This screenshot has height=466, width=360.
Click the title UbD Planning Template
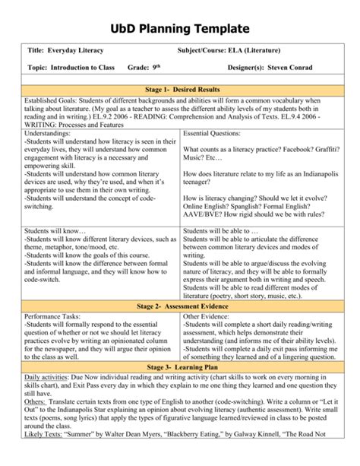click(x=179, y=27)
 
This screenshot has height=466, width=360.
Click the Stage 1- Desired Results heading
click(x=179, y=90)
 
